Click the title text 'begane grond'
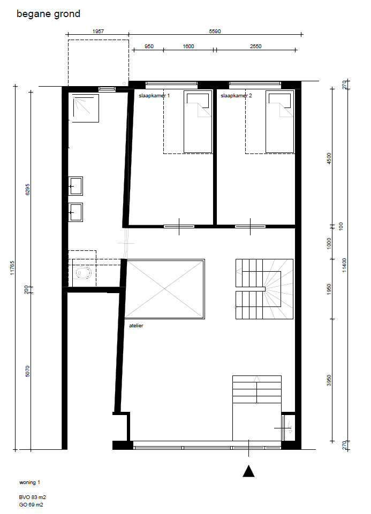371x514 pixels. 48,14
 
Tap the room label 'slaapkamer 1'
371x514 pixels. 154,96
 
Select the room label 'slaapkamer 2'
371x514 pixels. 236,96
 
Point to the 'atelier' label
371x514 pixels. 136,326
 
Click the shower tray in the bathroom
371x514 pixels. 85,108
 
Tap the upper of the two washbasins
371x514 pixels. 75,186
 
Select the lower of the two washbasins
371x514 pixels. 75,212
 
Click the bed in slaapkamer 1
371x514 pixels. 198,121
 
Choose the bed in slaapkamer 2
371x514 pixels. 280,121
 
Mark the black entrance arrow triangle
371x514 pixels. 248,471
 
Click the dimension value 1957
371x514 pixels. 98,32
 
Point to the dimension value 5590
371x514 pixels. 215,32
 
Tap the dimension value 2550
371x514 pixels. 255,47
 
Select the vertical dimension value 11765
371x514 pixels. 12,267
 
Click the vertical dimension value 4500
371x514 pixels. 329,159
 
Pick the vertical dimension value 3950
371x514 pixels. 329,380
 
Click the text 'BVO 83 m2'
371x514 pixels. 33,497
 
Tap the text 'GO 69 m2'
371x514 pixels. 31,505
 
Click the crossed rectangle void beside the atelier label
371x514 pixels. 165,289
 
